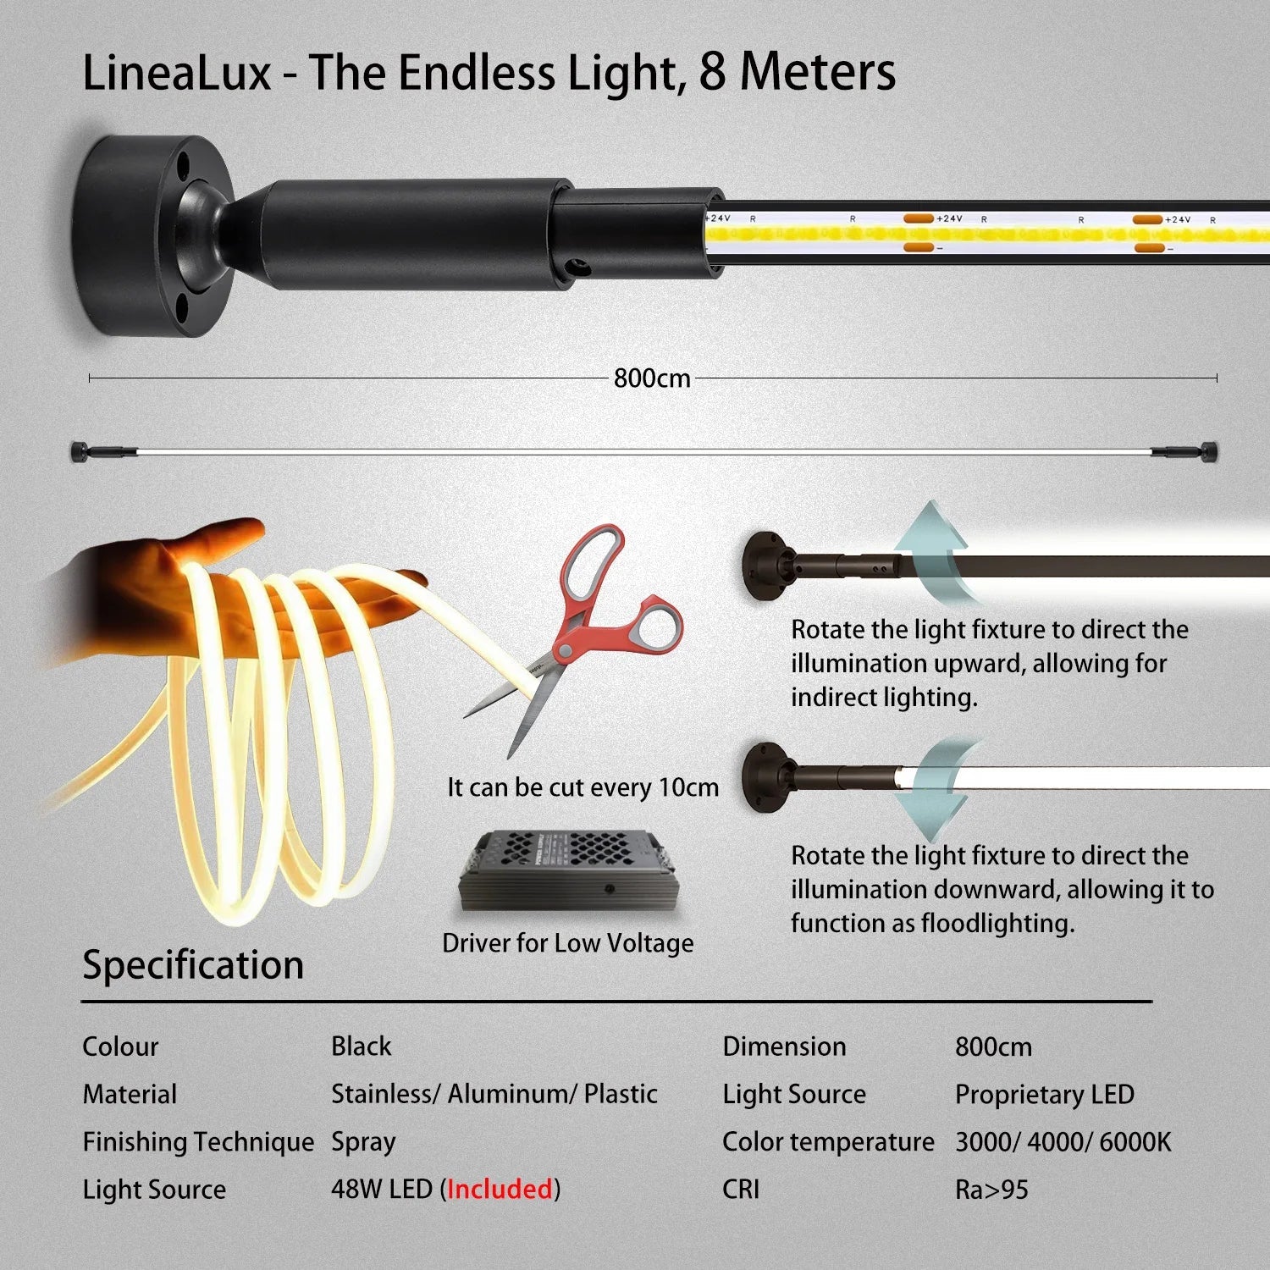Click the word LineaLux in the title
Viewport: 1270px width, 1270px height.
(x=177, y=72)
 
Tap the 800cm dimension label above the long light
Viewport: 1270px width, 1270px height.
(x=652, y=378)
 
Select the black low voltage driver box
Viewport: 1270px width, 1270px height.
(x=569, y=871)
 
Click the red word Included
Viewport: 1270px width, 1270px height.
(x=500, y=1189)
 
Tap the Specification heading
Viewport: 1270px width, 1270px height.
(x=193, y=965)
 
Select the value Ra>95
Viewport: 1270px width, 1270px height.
(x=991, y=1190)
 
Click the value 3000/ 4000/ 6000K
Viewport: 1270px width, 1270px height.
(x=1063, y=1142)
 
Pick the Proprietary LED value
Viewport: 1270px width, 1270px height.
(x=1045, y=1095)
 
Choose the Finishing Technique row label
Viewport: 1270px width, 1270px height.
(x=198, y=1142)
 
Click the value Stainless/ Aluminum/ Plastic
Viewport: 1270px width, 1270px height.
(x=494, y=1094)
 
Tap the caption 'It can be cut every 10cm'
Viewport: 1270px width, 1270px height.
(x=583, y=787)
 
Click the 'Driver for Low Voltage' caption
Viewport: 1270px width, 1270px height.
(x=568, y=943)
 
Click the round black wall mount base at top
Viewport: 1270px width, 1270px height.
(x=153, y=235)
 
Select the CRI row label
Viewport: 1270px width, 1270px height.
(x=741, y=1190)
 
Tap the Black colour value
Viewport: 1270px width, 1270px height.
(x=362, y=1046)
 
